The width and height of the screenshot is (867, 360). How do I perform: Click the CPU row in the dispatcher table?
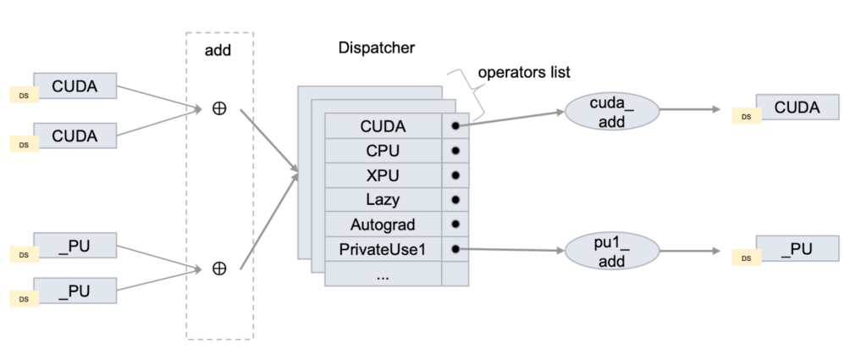[383, 151]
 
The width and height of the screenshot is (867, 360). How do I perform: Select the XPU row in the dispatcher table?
[383, 175]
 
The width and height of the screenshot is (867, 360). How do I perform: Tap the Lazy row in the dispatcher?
[383, 200]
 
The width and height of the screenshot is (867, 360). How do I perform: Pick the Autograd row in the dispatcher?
[383, 224]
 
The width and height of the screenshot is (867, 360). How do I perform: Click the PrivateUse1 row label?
[383, 249]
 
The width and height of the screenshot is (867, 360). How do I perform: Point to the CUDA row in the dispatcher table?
[383, 126]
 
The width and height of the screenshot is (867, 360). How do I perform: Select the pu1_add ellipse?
[598, 252]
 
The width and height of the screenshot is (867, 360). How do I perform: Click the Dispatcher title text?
[376, 47]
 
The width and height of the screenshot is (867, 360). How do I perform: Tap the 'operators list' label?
[524, 73]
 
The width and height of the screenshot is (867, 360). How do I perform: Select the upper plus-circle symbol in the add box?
[219, 108]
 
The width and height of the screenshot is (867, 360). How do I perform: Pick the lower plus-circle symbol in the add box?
[219, 269]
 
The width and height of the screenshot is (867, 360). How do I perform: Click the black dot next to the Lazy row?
[455, 200]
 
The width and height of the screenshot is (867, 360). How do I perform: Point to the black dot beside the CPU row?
[455, 151]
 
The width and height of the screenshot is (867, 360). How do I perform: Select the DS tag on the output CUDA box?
[746, 117]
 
